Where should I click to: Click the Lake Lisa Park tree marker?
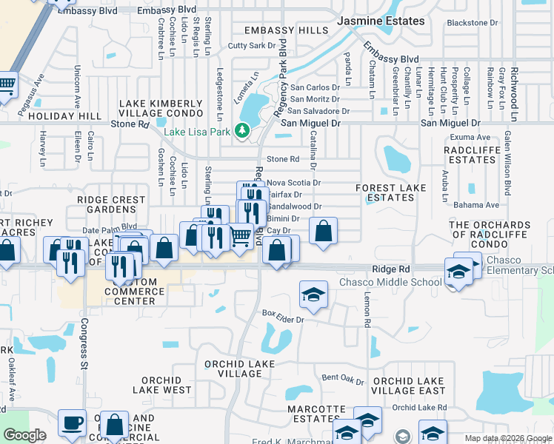(x=241, y=131)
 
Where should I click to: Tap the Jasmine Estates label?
(x=381, y=21)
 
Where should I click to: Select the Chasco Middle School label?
(x=380, y=282)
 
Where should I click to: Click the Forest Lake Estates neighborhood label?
(x=391, y=193)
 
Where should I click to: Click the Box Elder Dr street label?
(x=283, y=316)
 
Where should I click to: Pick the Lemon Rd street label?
(x=367, y=309)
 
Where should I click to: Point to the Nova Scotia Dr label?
(x=293, y=182)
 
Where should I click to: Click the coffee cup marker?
(x=72, y=422)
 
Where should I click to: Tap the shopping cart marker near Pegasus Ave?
(x=6, y=84)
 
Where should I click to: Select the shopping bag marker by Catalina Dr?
(x=324, y=232)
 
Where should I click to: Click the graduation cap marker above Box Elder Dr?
(x=313, y=295)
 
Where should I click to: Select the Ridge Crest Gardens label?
(x=111, y=205)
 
